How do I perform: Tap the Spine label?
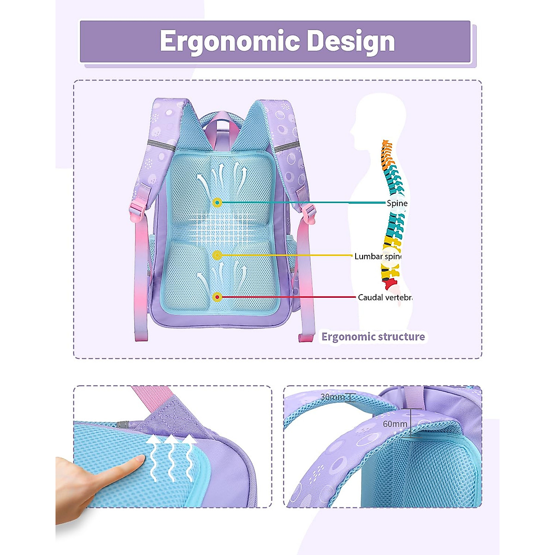(x=397, y=203)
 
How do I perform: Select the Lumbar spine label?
(x=378, y=256)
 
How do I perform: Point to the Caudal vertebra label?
(x=385, y=297)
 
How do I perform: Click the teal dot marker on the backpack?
(x=217, y=203)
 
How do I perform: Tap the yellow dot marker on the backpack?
(x=217, y=255)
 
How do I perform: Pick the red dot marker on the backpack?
(x=217, y=297)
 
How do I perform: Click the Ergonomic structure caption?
(x=373, y=337)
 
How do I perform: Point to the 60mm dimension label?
(x=395, y=424)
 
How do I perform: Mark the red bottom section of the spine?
(x=389, y=283)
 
